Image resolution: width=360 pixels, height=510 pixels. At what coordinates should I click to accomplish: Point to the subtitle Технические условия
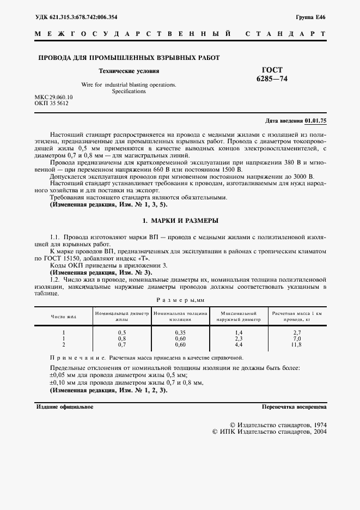(129, 71)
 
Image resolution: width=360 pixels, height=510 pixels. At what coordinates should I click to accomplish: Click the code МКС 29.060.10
(54, 96)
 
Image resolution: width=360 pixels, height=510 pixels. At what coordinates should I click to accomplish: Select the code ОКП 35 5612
(52, 102)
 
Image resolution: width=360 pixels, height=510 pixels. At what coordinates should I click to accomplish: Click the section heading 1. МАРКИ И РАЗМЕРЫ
(180, 221)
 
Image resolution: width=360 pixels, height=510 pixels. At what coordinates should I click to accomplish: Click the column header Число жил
(64, 316)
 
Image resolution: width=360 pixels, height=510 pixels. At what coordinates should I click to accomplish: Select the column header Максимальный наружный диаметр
(239, 316)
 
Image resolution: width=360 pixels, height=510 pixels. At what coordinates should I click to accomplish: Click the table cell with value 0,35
(180, 332)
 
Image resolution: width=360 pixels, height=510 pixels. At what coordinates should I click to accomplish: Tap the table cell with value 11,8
(297, 345)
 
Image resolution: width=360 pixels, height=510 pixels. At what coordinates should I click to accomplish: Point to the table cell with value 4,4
(239, 345)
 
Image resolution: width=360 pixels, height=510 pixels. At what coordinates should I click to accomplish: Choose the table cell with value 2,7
(297, 332)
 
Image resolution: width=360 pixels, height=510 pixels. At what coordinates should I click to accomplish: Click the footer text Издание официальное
(64, 407)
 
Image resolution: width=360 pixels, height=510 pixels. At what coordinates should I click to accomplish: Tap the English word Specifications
(129, 92)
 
